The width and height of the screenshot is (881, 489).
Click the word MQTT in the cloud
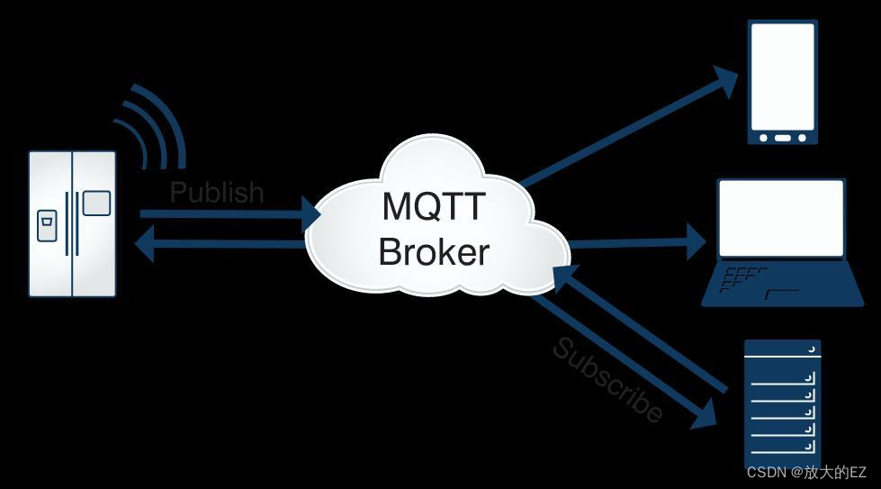click(434, 206)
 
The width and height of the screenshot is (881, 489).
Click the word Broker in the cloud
click(434, 251)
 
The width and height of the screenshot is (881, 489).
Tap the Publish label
click(217, 192)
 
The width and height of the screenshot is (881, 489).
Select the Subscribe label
click(608, 379)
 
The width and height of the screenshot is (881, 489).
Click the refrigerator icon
click(72, 223)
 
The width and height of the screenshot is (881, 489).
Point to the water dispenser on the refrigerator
click(46, 224)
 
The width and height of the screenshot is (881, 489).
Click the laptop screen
click(781, 217)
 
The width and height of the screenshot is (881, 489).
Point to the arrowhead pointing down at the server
click(707, 416)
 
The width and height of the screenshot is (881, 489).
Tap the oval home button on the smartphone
click(783, 138)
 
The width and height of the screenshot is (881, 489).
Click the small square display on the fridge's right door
click(96, 204)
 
